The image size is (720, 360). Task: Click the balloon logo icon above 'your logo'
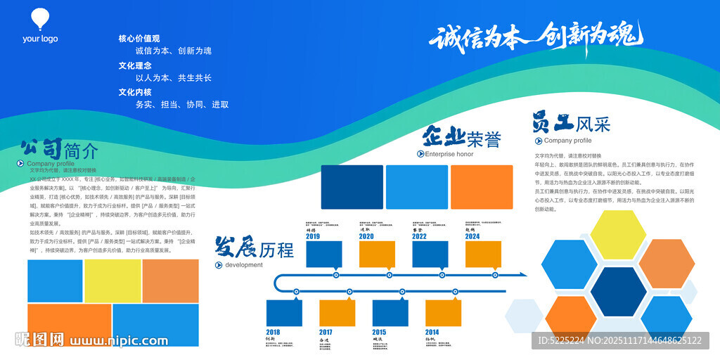pyautogui.click(x=40, y=19)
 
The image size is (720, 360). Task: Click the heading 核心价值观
pyautogui.click(x=139, y=39)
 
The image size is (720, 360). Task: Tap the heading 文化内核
pyautogui.click(x=135, y=92)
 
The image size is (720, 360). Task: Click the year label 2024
pyautogui.click(x=472, y=237)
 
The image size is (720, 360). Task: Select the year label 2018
pyautogui.click(x=274, y=332)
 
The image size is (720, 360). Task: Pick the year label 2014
pyautogui.click(x=432, y=332)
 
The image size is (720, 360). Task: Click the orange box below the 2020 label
pyautogui.click(x=377, y=254)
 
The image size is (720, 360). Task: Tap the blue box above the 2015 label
pyautogui.click(x=390, y=312)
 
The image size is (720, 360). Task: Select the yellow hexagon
pyautogui.click(x=619, y=235)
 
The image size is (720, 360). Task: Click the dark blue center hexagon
pyautogui.click(x=619, y=291)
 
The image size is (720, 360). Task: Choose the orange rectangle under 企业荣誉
pyautogui.click(x=482, y=186)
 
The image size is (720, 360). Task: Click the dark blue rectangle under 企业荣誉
pyautogui.click(x=352, y=186)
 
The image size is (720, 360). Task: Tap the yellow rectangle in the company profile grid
pyautogui.click(x=112, y=281)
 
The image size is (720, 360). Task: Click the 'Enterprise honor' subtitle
pyautogui.click(x=449, y=154)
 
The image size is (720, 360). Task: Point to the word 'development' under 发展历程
pyautogui.click(x=244, y=265)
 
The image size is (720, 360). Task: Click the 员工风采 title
pyautogui.click(x=571, y=123)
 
